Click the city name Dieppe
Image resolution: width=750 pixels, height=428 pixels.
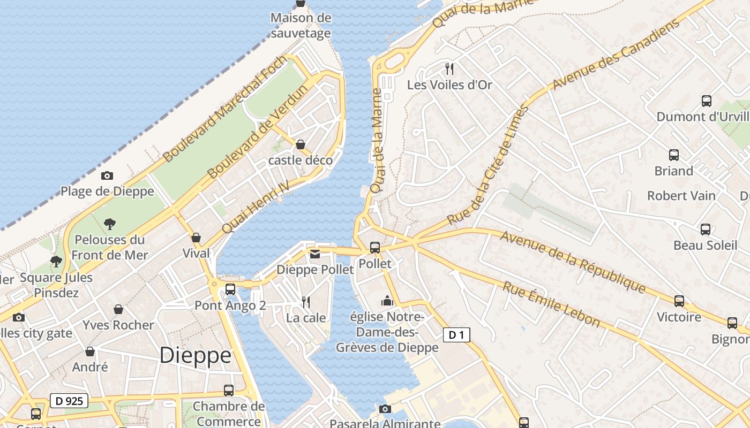(196, 355)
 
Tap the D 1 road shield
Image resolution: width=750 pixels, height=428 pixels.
(456, 335)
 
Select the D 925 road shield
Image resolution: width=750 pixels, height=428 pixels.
(69, 400)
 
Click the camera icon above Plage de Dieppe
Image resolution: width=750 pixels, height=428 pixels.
(107, 175)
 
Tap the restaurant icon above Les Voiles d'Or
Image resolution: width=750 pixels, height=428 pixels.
(449, 68)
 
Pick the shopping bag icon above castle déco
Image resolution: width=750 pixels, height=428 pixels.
(301, 144)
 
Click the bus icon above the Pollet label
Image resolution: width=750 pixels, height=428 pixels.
(375, 247)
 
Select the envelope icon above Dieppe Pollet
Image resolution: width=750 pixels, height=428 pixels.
(315, 254)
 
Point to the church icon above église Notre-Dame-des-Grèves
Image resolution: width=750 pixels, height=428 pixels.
(387, 301)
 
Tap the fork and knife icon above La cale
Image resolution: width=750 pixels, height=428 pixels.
(306, 302)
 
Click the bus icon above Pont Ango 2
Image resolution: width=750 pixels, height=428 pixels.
(230, 289)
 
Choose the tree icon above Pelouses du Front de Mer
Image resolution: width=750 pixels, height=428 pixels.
(110, 223)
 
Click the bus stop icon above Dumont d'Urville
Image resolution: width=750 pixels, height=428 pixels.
(707, 101)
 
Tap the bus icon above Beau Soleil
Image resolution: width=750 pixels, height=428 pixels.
(706, 230)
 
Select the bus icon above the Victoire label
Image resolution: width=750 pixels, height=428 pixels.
(679, 301)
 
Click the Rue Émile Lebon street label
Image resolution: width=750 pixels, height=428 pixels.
(551, 304)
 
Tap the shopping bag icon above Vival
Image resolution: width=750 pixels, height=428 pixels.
(196, 237)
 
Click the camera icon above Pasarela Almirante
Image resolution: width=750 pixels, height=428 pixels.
(385, 409)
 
